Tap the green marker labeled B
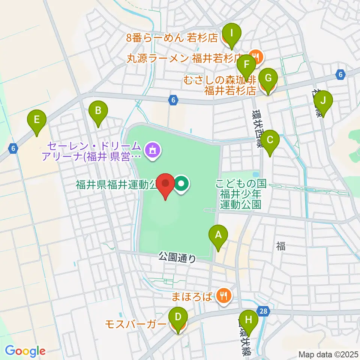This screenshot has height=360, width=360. coord(98,111)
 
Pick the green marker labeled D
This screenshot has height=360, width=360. coord(178,317)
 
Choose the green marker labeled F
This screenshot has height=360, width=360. coord(246,64)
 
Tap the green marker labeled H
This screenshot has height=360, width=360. coord(249,321)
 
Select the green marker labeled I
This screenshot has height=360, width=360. coord(232,33)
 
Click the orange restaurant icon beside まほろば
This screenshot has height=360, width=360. coord(223,297)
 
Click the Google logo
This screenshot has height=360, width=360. coord(25,351)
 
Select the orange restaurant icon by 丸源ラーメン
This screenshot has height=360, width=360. coord(257,57)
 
